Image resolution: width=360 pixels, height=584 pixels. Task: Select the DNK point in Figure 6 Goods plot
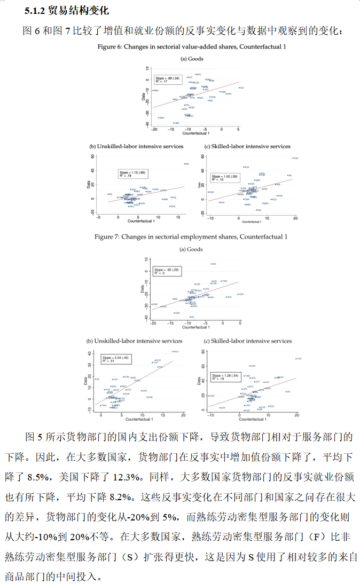[x=154, y=91]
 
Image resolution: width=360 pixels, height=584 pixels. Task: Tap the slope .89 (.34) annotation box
[x=168, y=80]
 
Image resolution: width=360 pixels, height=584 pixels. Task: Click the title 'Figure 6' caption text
[x=192, y=47]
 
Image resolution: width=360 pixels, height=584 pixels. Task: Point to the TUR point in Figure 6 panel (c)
[x=293, y=159]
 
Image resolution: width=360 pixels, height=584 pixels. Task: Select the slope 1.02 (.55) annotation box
[x=225, y=178]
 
